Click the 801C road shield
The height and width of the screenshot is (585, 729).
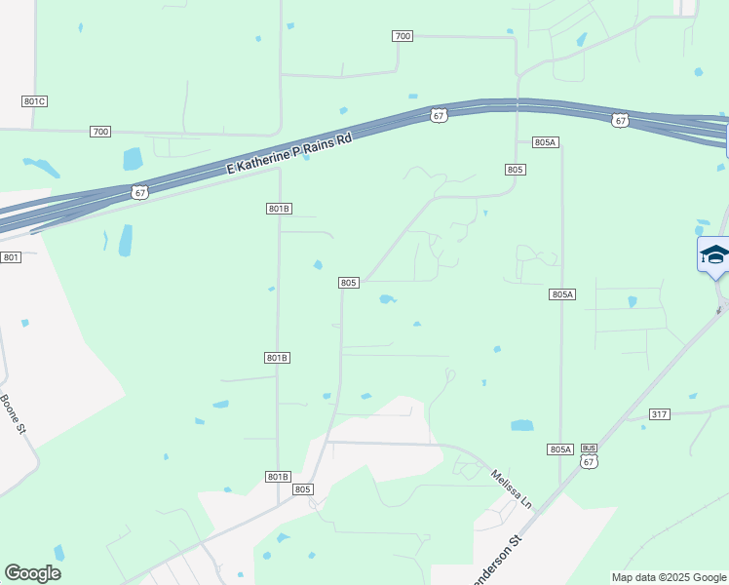(35, 101)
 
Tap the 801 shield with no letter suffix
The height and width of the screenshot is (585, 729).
(11, 257)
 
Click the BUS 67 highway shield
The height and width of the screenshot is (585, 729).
(589, 456)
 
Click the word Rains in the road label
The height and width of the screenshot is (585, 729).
(313, 141)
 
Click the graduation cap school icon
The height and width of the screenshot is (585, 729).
(714, 255)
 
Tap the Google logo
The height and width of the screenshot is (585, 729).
(32, 573)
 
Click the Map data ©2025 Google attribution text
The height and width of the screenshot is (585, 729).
(669, 577)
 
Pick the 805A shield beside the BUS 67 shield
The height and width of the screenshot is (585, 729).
(560, 449)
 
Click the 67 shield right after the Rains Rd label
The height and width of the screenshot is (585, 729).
(440, 115)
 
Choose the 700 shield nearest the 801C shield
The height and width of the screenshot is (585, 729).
(99, 131)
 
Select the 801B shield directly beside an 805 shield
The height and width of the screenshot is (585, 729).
(278, 476)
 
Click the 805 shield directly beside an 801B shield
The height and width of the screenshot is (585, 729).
(302, 488)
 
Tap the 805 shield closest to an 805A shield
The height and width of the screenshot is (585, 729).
(516, 170)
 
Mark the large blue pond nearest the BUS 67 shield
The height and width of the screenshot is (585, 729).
(522, 425)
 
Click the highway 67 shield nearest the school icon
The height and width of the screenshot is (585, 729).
(621, 121)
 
